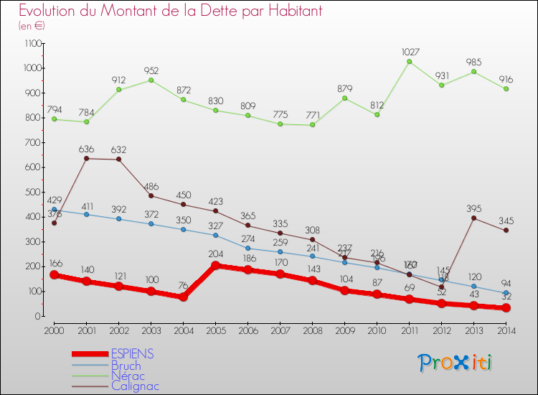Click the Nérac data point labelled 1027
click(x=410, y=61)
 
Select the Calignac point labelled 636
click(x=87, y=158)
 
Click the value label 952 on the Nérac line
click(x=151, y=70)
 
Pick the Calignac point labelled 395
click(x=473, y=218)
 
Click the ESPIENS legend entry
click(x=133, y=354)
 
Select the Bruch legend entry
click(x=126, y=366)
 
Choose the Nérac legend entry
click(x=128, y=376)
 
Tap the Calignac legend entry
click(x=135, y=386)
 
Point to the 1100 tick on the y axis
click(x=32, y=44)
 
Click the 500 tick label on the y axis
click(x=33, y=192)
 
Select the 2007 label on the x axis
click(x=280, y=330)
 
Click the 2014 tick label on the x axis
click(x=506, y=330)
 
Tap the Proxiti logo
click(x=456, y=362)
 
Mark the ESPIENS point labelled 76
click(x=184, y=297)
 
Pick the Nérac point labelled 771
click(x=312, y=124)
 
